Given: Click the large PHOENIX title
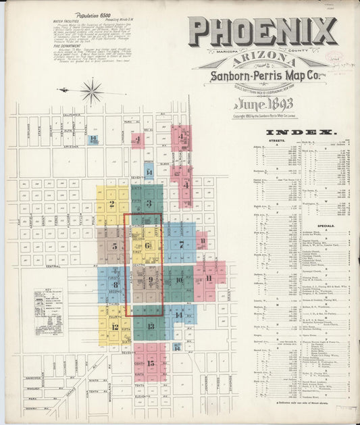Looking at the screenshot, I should tap(263, 32).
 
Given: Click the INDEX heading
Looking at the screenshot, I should tap(288, 133).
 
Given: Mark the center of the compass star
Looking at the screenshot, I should tap(91, 91).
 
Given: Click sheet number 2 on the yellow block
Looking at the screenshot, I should tap(111, 203).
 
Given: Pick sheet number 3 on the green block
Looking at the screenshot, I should tap(148, 203).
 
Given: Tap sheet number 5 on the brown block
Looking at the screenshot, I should tap(115, 246).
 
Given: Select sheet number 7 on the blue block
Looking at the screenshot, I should tap(181, 245).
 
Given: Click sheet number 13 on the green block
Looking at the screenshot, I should tap(151, 326).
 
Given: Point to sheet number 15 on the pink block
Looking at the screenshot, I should tap(151, 363).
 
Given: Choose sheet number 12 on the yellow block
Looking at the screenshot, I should tap(115, 326).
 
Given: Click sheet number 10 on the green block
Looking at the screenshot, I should tap(180, 280).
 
